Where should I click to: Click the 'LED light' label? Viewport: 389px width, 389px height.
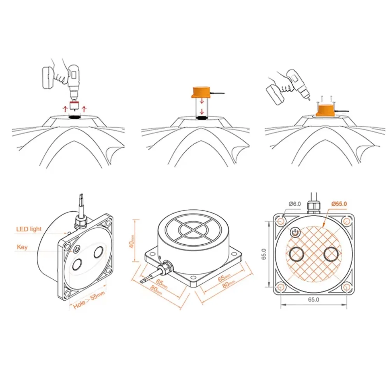[29, 229]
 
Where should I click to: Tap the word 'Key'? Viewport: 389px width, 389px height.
[22, 247]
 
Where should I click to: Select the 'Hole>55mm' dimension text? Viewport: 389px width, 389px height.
[89, 300]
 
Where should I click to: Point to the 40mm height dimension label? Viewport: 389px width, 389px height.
[131, 241]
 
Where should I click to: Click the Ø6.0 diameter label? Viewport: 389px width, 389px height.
[295, 204]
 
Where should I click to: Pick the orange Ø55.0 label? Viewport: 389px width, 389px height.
[339, 204]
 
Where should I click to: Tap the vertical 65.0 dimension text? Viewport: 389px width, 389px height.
[264, 254]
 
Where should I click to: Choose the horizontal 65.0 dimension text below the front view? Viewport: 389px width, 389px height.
[314, 300]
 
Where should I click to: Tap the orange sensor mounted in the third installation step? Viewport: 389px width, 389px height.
[326, 110]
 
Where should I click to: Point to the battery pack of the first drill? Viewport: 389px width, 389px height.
[48, 77]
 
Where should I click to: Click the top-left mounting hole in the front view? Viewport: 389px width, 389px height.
[281, 221]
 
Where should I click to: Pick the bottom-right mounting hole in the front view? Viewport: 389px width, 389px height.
[347, 287]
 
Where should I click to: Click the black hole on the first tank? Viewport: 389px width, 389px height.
[75, 117]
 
